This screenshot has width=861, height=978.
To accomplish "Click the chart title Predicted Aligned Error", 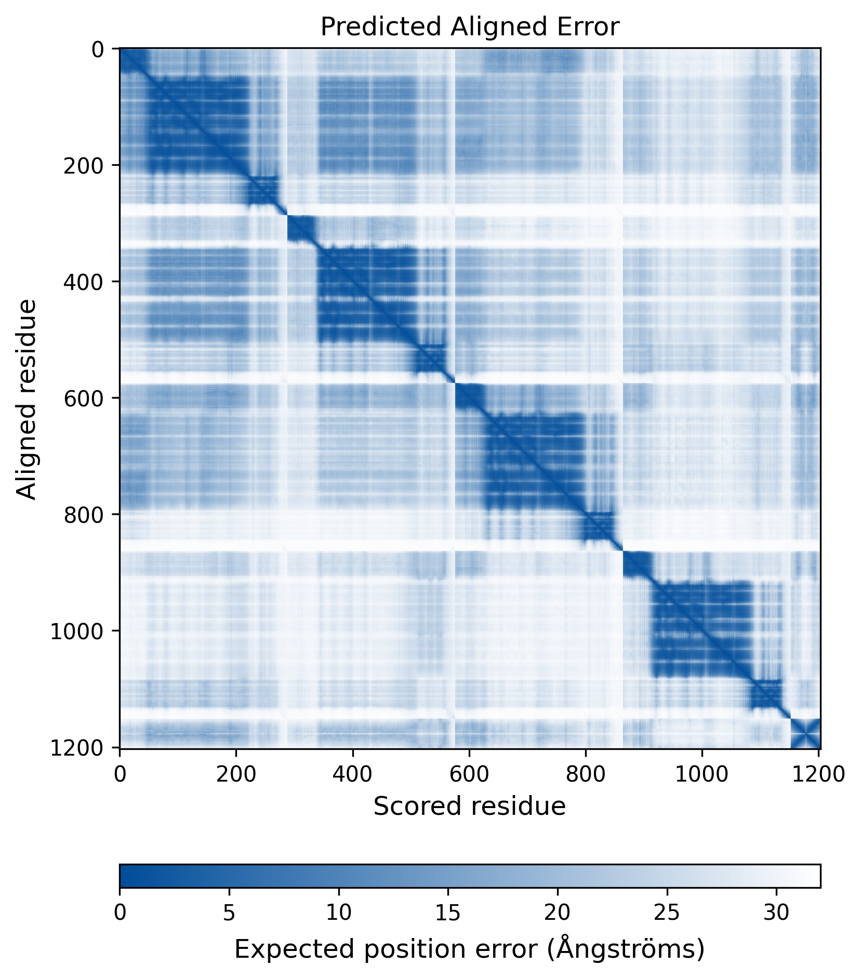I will pos(469,27).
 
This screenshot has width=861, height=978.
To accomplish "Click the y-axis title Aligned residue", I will pos(27,399).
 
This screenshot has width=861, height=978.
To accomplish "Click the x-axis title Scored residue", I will pos(469,806).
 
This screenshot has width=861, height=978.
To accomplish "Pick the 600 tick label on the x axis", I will pos(469,774).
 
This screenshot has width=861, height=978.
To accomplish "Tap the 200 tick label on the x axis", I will pos(236,774).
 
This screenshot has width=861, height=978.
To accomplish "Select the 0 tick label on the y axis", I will pos(98,49).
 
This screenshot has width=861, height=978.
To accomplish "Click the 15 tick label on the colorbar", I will pos(448,913).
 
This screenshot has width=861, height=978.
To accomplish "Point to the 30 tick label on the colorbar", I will pos(776,913).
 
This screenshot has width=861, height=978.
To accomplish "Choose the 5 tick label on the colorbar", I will pos(229,913).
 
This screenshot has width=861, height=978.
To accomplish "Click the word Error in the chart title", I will pos(595,27).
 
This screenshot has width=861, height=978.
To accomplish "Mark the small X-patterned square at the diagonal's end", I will pos(805,733).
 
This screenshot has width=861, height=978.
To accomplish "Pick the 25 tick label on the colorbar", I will pos(667,913).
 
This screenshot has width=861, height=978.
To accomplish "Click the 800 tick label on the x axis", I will pos(586,774).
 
